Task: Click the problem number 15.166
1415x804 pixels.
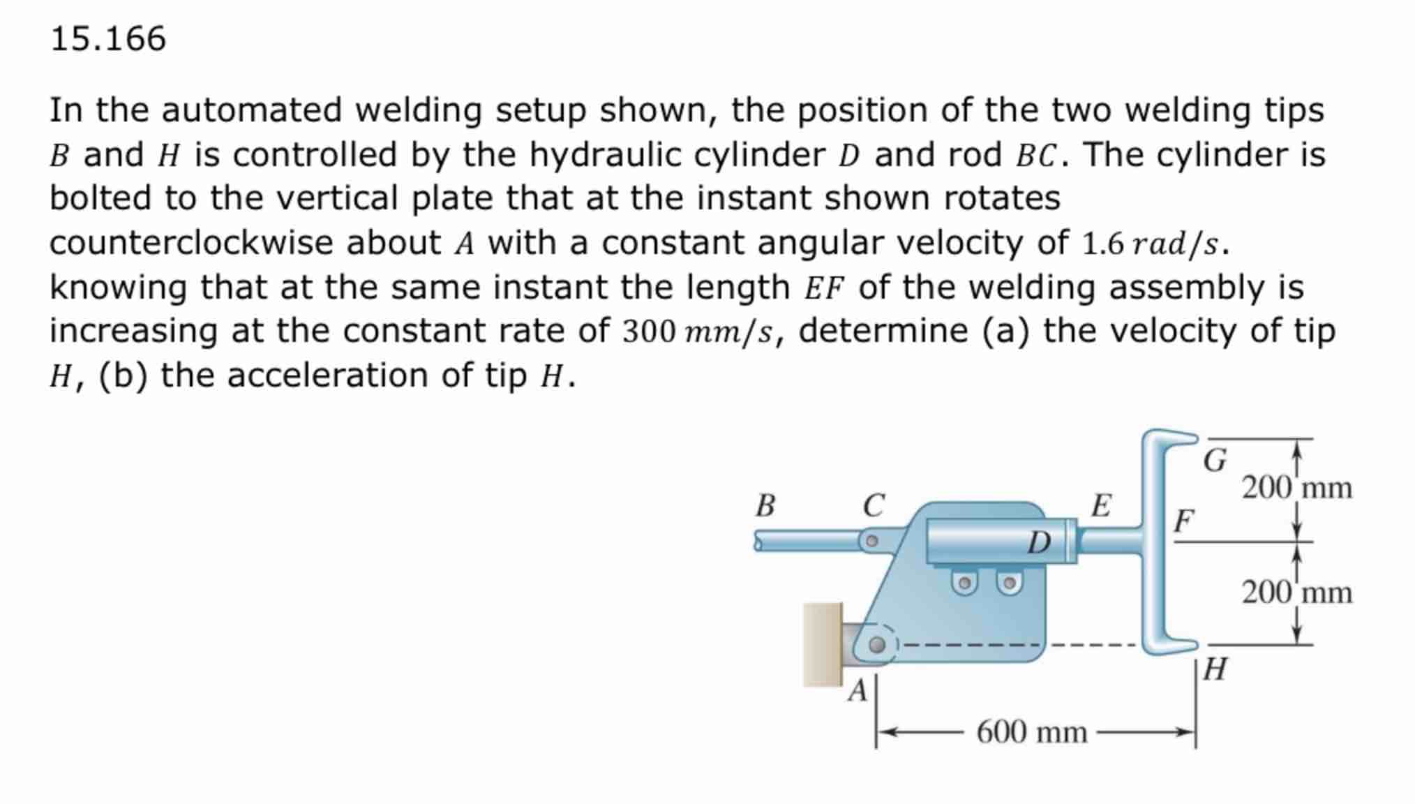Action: point(108,38)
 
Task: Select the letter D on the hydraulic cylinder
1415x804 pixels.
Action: point(1039,542)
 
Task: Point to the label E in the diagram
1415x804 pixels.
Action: point(1101,505)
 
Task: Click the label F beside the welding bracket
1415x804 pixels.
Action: point(1183,521)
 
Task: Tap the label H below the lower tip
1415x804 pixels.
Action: point(1215,669)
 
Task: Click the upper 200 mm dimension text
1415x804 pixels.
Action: point(1296,488)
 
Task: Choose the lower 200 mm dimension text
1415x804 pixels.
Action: point(1296,593)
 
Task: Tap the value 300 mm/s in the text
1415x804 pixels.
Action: point(698,332)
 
